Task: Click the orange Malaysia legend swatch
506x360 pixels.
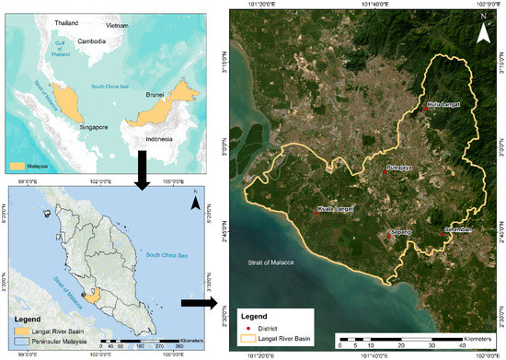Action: (x=16, y=166)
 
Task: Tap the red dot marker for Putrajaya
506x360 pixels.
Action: (x=385, y=169)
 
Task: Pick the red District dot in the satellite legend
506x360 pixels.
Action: (x=246, y=326)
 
